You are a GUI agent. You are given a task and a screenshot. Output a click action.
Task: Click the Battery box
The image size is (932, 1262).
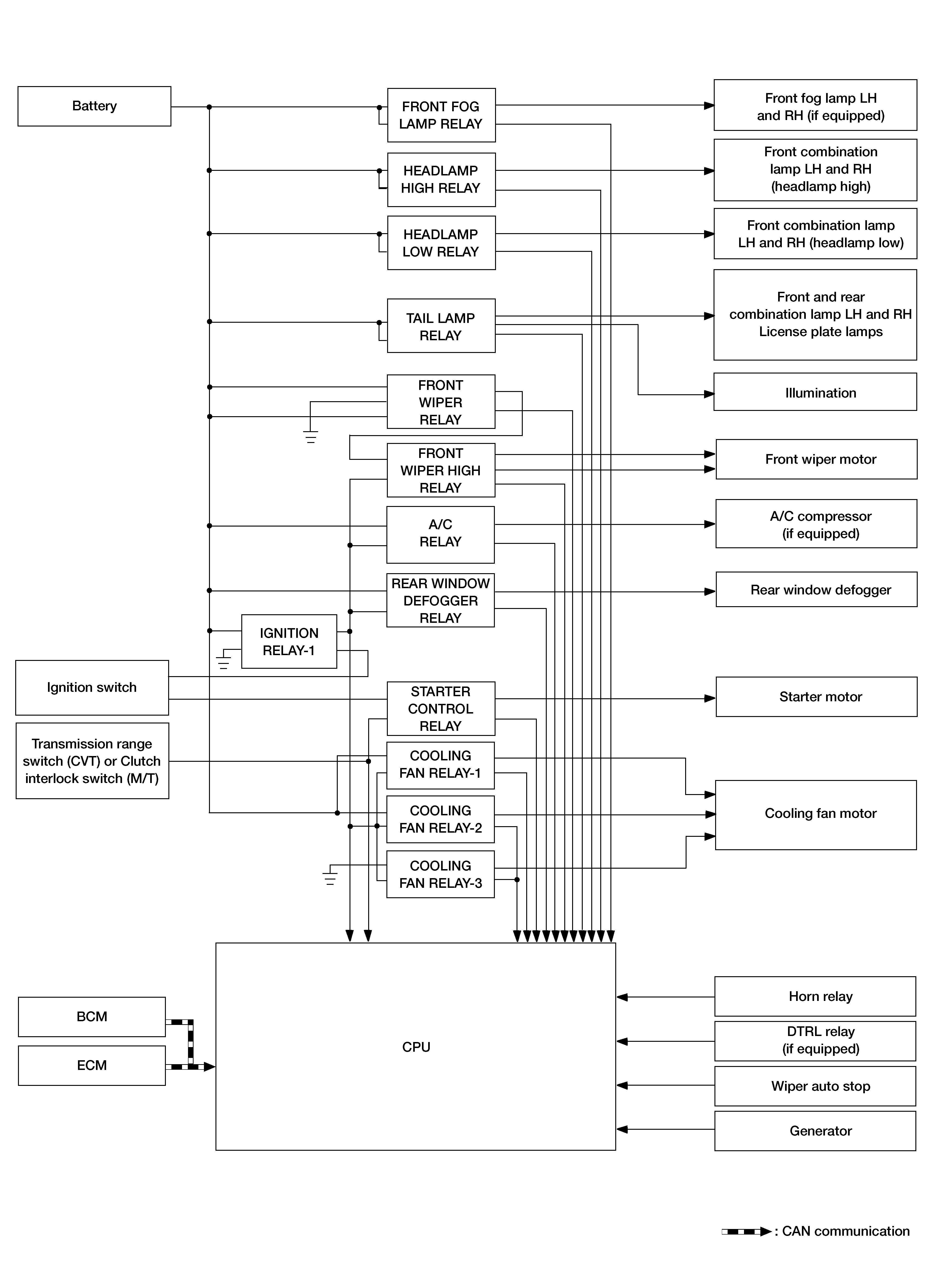coord(94,106)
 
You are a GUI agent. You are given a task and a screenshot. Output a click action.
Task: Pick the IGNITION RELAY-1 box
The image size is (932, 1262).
coord(289,642)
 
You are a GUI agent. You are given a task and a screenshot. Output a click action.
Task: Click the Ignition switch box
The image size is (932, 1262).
coord(92,687)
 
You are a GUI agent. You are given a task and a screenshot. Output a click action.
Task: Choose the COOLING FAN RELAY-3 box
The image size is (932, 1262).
coord(441,874)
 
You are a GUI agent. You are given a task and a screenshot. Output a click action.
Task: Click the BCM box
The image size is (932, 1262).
coord(92,1016)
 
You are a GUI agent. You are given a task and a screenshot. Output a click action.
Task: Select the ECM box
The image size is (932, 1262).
coord(92,1065)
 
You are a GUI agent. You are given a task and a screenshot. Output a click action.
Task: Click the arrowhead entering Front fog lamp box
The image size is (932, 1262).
coord(709,105)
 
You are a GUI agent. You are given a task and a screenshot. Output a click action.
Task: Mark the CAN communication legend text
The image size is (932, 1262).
coord(845,1231)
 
